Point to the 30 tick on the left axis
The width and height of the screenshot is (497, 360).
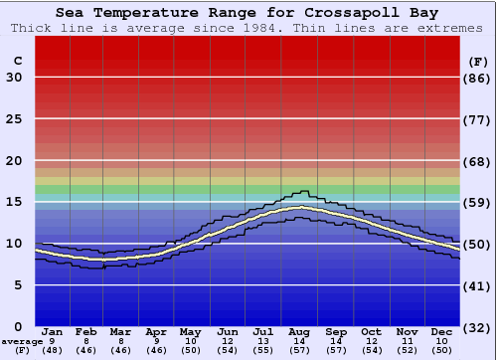pos(14,78)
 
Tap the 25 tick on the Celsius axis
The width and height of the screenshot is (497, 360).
pos(14,119)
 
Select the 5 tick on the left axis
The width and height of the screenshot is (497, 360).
pos(18,285)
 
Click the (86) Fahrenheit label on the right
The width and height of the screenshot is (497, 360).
pos(478,78)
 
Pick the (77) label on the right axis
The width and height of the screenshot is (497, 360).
pos(478,119)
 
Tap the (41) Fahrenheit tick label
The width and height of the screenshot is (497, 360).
pos(478,285)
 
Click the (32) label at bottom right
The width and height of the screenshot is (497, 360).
pos(478,327)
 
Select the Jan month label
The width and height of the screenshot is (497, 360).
pos(53,331)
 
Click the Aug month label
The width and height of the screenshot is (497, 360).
pos(300,331)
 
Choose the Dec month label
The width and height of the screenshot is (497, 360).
pos(442,331)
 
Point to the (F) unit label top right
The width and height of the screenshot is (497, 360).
pos(478,61)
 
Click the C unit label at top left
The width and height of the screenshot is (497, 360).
pos(17,61)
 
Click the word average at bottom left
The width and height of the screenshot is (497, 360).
pos(22,341)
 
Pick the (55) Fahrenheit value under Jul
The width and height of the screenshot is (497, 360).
pos(263,351)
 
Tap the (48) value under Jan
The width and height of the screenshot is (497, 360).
pos(53,351)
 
